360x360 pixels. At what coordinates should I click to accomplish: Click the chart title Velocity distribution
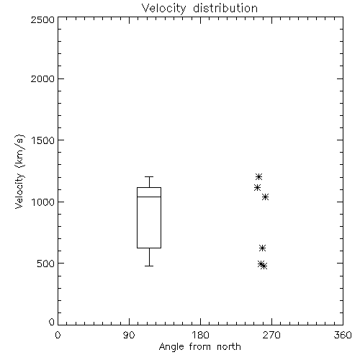click(199, 9)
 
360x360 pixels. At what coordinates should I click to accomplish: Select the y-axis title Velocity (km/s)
click(19, 171)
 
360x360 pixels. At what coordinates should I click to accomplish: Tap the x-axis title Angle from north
click(199, 347)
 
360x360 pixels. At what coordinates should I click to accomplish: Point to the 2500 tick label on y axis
click(42, 19)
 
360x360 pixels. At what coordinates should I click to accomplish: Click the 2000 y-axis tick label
click(42, 78)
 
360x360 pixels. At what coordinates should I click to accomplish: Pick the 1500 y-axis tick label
click(43, 140)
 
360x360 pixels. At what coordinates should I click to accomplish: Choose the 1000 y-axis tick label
click(43, 202)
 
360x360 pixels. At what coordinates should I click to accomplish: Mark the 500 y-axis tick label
click(46, 264)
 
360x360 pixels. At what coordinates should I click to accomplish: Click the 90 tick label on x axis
click(129, 335)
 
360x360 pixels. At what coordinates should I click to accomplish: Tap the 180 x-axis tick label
click(200, 335)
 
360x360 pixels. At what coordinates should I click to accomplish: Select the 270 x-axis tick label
click(271, 335)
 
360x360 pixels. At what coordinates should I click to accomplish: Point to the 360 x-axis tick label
click(343, 335)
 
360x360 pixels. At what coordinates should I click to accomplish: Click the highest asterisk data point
click(258, 177)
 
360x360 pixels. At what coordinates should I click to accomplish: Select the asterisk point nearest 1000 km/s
click(265, 197)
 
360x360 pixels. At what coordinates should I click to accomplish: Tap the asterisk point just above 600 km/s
click(262, 248)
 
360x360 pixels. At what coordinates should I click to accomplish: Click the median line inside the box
click(149, 197)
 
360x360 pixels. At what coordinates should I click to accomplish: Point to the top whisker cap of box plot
click(149, 177)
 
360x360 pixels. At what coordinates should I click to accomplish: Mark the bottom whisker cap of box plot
click(149, 266)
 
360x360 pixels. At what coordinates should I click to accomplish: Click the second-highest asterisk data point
click(257, 188)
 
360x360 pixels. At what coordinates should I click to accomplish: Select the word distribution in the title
click(225, 9)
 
